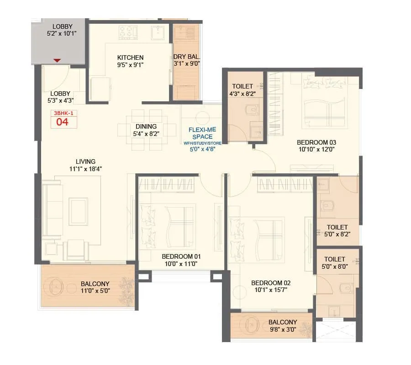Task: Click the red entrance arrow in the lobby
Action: pyautogui.click(x=57, y=60)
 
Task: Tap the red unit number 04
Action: pyautogui.click(x=63, y=122)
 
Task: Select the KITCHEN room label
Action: pyautogui.click(x=130, y=57)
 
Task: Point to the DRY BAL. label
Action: pyautogui.click(x=186, y=57)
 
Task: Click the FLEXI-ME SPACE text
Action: pyautogui.click(x=202, y=133)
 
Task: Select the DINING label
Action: pyautogui.click(x=146, y=126)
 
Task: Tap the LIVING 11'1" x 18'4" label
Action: pyautogui.click(x=85, y=165)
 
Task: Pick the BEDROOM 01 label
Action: pyautogui.click(x=181, y=256)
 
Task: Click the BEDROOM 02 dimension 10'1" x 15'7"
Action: pyautogui.click(x=271, y=290)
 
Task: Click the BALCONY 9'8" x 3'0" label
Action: pyautogui.click(x=282, y=325)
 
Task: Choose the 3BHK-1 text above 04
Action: pyautogui.click(x=63, y=113)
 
